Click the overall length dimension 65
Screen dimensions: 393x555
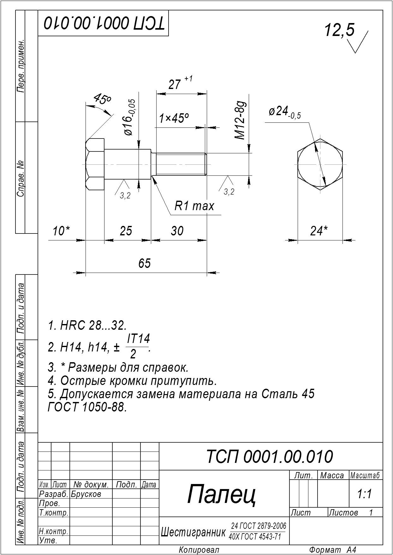(145, 263)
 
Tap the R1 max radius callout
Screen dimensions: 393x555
(194, 206)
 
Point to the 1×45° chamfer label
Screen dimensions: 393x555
(174, 119)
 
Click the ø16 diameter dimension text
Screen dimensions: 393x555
(130, 117)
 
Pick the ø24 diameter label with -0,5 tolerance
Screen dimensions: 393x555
(285, 112)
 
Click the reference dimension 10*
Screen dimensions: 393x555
(61, 231)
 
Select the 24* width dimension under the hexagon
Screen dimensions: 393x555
(319, 231)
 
